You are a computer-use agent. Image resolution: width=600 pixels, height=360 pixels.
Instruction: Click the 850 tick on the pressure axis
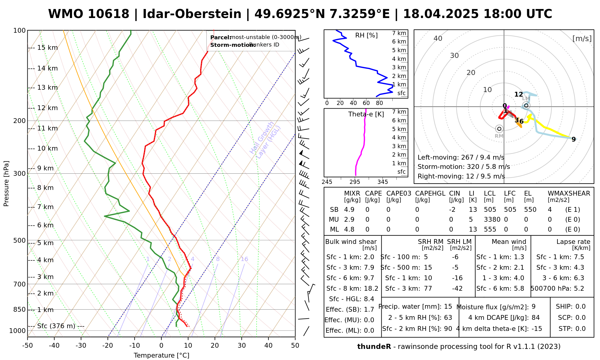tap(19, 309)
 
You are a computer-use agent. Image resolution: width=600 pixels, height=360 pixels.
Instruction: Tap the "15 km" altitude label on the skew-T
tap(47, 48)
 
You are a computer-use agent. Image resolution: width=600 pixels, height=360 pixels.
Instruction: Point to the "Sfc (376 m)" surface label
tap(56, 326)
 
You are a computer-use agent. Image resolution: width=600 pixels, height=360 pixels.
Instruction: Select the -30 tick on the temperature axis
tap(81, 346)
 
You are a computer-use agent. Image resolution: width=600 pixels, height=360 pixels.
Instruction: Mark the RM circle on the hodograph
tap(499, 129)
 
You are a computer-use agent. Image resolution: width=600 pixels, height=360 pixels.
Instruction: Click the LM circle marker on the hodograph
tap(526, 105)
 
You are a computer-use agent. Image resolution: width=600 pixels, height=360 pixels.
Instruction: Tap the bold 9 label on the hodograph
tap(574, 139)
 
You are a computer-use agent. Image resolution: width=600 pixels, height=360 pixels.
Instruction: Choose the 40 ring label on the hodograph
tap(438, 38)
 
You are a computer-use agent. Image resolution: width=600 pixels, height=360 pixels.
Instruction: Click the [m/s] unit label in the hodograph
tap(582, 38)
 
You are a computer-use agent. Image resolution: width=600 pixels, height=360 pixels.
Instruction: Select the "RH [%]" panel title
tap(366, 35)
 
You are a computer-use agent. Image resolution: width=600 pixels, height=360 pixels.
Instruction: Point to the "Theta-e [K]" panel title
tap(366, 114)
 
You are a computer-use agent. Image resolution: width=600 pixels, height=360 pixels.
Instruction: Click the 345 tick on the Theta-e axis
tap(382, 182)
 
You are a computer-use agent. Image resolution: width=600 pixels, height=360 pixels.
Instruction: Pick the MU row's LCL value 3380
tap(492, 220)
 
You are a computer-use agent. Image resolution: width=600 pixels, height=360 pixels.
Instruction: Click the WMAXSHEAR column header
tap(569, 193)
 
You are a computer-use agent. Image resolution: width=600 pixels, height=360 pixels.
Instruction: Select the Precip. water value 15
tap(448, 307)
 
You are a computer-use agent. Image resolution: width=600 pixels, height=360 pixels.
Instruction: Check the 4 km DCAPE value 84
tap(535, 318)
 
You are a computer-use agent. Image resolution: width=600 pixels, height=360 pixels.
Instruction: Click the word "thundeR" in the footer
tap(374, 347)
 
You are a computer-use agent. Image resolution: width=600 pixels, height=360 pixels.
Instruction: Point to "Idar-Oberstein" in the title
tap(192, 14)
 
